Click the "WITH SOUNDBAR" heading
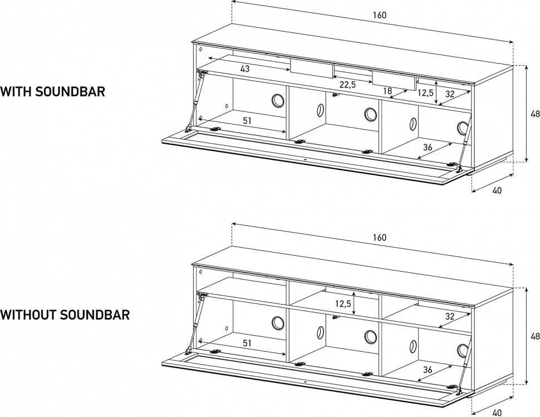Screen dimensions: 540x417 click(x=52, y=92)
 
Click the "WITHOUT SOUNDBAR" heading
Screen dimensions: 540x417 click(x=65, y=315)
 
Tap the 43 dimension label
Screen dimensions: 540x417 click(x=245, y=69)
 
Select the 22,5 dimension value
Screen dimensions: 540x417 click(x=347, y=85)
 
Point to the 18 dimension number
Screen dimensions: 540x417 click(x=387, y=91)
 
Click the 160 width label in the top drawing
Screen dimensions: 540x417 click(x=380, y=15)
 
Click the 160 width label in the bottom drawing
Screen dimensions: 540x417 click(x=380, y=238)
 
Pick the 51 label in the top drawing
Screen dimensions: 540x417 click(x=247, y=121)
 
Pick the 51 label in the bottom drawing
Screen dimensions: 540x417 click(x=247, y=344)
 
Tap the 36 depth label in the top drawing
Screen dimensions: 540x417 click(x=428, y=148)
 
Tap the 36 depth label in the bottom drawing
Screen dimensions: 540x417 click(x=428, y=370)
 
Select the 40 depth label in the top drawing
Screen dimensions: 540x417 click(x=497, y=190)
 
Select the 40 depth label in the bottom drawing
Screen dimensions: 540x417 click(x=497, y=413)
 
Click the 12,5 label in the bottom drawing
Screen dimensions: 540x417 click(x=343, y=304)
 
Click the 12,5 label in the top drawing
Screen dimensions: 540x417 click(x=425, y=93)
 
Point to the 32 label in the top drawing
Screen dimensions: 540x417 click(x=450, y=94)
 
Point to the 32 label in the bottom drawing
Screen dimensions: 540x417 click(x=450, y=316)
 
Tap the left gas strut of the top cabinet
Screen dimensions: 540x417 click(x=195, y=102)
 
